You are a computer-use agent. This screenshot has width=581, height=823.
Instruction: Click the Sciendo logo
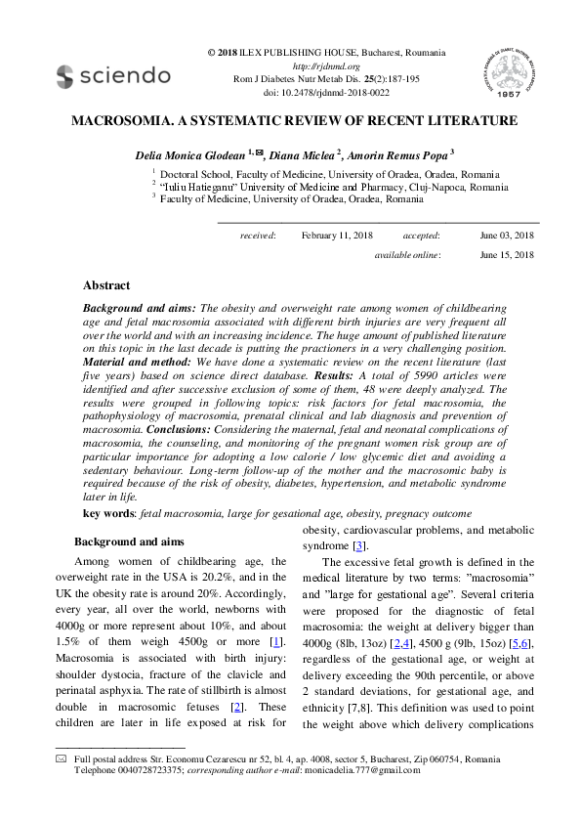point(113,74)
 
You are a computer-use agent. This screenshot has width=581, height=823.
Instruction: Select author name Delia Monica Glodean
point(194,154)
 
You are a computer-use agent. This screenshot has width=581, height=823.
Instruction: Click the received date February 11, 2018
point(338,236)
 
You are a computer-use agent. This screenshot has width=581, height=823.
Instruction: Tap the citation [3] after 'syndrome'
point(359,545)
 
